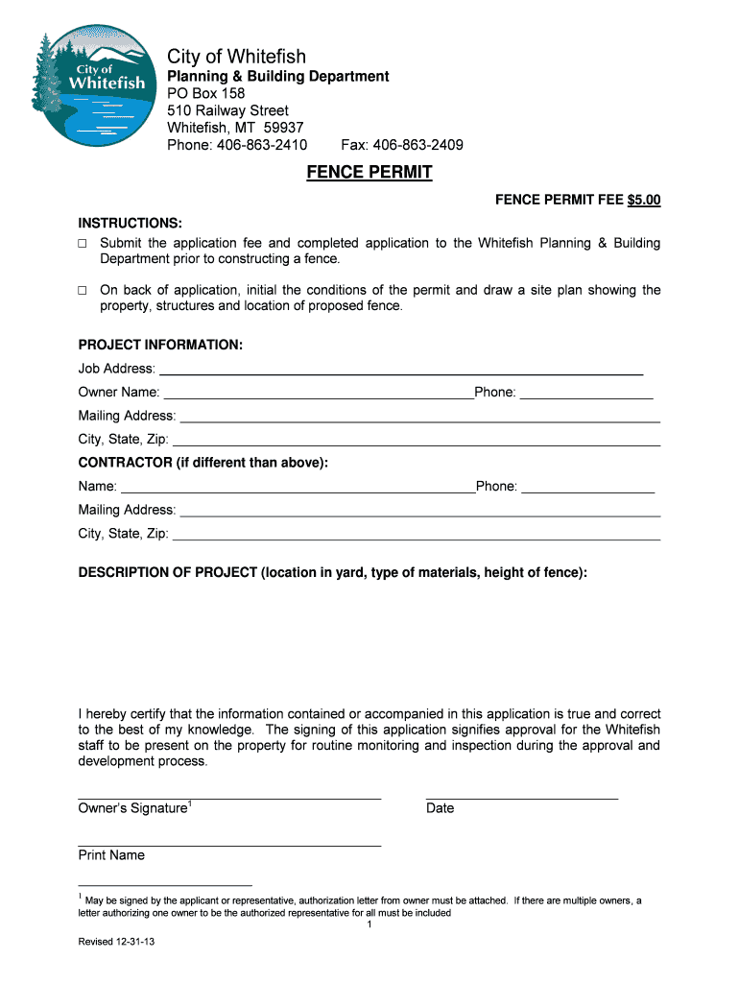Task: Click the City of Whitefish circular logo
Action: click(x=92, y=85)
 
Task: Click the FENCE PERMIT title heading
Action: click(x=369, y=173)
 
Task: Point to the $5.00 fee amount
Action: click(x=644, y=201)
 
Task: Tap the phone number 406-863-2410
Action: click(x=261, y=145)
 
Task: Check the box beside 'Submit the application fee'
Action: click(x=83, y=244)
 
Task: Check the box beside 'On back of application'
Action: click(x=83, y=290)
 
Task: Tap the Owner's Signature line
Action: click(x=229, y=797)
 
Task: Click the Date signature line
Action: click(x=521, y=797)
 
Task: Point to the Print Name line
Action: click(x=229, y=844)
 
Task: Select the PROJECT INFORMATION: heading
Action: click(x=160, y=345)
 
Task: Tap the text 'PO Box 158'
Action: click(x=206, y=94)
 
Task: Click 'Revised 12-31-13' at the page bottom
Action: click(x=116, y=942)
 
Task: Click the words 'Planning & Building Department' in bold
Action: click(x=278, y=76)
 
